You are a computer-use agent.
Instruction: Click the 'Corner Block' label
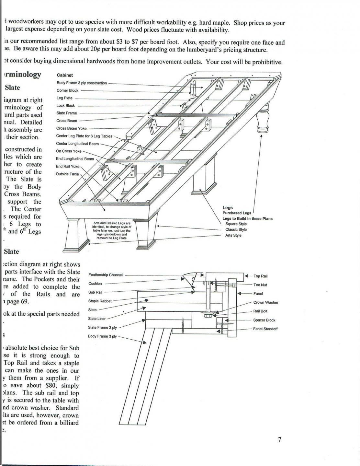67,90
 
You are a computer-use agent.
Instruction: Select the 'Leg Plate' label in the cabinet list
64,98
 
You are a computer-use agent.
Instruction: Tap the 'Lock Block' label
65,106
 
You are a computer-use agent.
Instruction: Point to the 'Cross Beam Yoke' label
71,128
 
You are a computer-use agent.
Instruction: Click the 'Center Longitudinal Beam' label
77,144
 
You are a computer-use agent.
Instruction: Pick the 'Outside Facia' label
67,174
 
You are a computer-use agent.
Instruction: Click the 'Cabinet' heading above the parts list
65,75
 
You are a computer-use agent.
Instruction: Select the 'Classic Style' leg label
236,229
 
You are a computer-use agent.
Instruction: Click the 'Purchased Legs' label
237,213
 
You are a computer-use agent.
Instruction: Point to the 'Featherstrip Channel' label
106,275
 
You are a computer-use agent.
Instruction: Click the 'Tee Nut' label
260,285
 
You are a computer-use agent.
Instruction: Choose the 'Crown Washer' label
265,302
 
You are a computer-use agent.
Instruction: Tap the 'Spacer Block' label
264,320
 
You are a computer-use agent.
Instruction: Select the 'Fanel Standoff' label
265,329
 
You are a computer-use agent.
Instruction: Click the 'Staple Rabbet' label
100,301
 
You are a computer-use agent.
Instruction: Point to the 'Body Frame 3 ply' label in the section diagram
102,336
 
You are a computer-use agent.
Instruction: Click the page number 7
279,439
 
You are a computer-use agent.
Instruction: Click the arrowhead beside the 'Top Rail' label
247,276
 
